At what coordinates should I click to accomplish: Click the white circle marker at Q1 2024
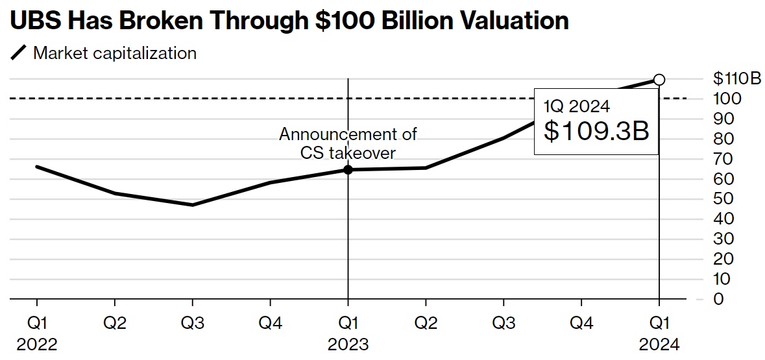[659, 80]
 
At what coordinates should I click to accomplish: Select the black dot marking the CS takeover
[348, 169]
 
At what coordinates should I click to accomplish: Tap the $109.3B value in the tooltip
[596, 132]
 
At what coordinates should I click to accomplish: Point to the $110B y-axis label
[736, 79]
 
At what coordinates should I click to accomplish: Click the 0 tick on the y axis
[718, 299]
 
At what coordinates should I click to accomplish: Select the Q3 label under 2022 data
[192, 322]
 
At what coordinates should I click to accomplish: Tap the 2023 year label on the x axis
[348, 343]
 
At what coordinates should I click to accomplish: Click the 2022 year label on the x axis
[37, 343]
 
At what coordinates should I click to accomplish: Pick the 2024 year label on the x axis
[659, 343]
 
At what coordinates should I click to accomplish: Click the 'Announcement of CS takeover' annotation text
[348, 143]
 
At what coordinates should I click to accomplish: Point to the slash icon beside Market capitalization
[19, 53]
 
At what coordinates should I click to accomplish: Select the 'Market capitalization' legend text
[115, 53]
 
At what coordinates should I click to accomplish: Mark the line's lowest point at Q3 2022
[192, 205]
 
